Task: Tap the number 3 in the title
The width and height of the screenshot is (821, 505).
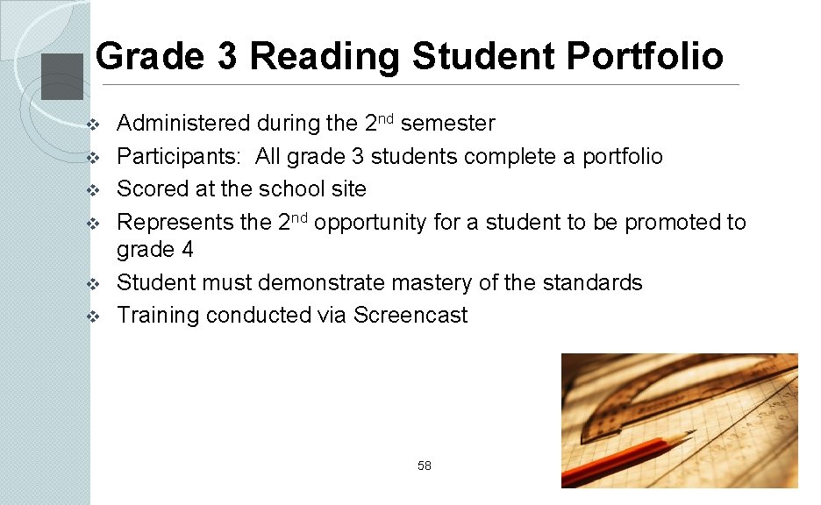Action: tap(226, 57)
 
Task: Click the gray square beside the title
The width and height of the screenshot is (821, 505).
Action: tap(62, 77)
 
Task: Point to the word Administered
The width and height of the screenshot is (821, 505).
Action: tap(183, 124)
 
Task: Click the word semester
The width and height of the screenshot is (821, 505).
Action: tap(447, 124)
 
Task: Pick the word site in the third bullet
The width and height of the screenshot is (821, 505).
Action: tap(350, 189)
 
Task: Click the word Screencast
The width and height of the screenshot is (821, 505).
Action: tap(410, 316)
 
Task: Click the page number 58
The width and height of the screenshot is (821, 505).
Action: tap(425, 466)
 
